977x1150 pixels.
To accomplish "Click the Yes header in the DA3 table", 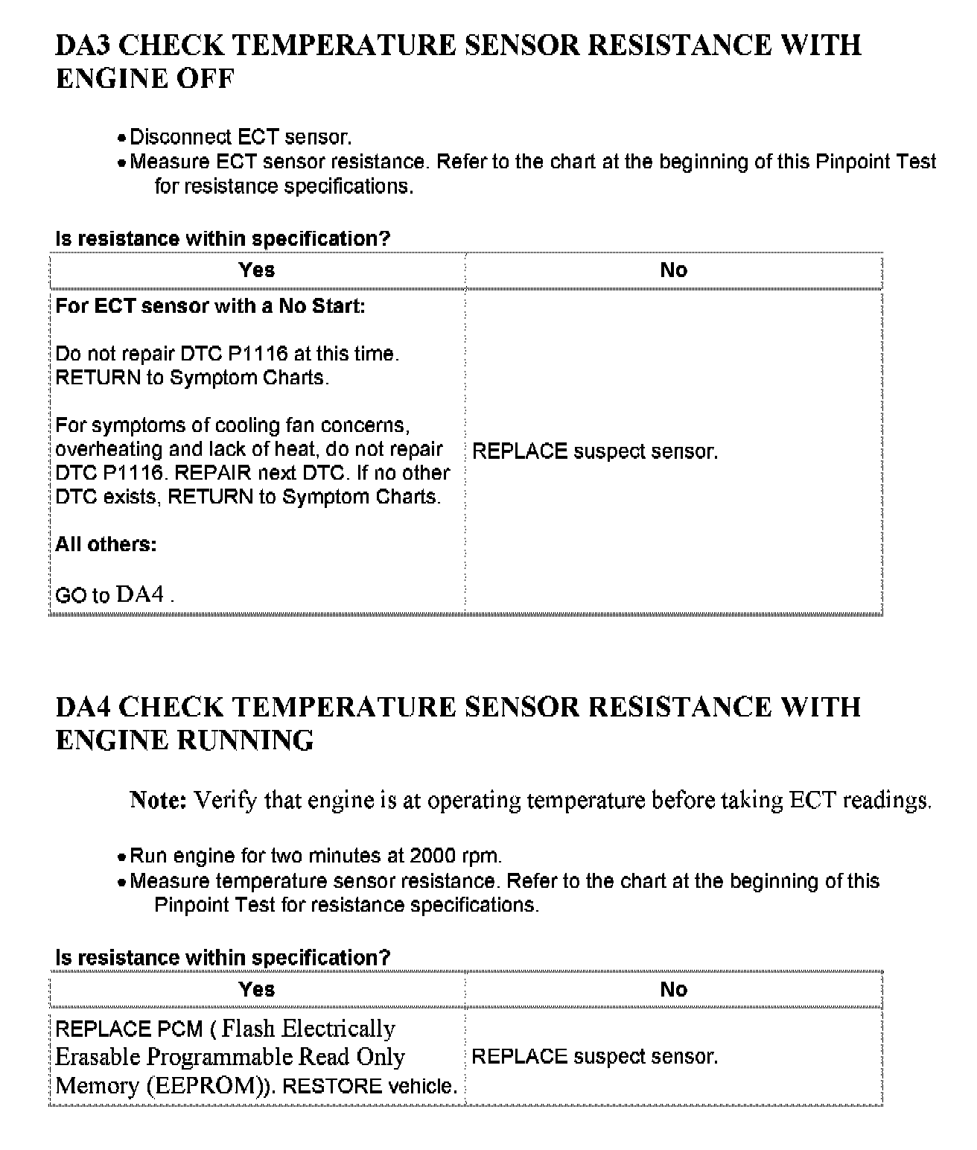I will (x=257, y=270).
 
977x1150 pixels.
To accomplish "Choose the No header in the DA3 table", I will (x=673, y=270).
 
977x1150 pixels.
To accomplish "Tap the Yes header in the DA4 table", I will (x=257, y=989).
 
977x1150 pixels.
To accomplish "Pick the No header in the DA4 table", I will (x=673, y=989).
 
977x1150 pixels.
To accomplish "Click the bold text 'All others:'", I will (x=106, y=544).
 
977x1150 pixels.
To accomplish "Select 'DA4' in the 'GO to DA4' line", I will (x=140, y=594).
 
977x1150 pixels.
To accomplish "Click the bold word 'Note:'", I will (x=158, y=801).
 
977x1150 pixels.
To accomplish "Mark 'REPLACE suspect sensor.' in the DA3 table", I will (x=595, y=451).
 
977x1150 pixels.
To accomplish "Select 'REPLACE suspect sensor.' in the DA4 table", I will (x=595, y=1056).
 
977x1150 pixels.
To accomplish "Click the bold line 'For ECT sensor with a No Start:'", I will (x=210, y=306).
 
